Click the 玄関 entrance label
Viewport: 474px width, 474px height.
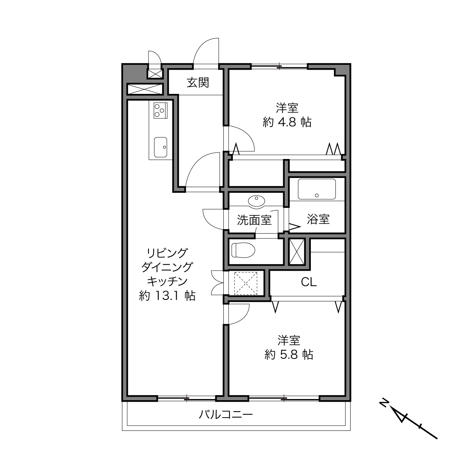[x=198, y=83]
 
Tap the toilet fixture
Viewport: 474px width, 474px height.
[x=243, y=250]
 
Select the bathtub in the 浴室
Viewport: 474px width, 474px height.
[x=317, y=189]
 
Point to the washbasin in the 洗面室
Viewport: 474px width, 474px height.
[x=257, y=201]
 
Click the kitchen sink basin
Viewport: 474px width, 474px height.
[x=161, y=147]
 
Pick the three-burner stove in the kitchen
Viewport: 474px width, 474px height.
[x=161, y=110]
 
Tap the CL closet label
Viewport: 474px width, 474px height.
[x=309, y=282]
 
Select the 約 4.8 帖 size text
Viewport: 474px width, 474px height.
[x=287, y=122]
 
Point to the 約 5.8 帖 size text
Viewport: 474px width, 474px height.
[x=289, y=355]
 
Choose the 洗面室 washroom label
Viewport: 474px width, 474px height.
[x=254, y=220]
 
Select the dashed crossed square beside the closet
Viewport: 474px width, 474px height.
[x=246, y=283]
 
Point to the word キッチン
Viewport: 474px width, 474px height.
[x=167, y=282]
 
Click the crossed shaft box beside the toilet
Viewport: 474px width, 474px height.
[x=297, y=252]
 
